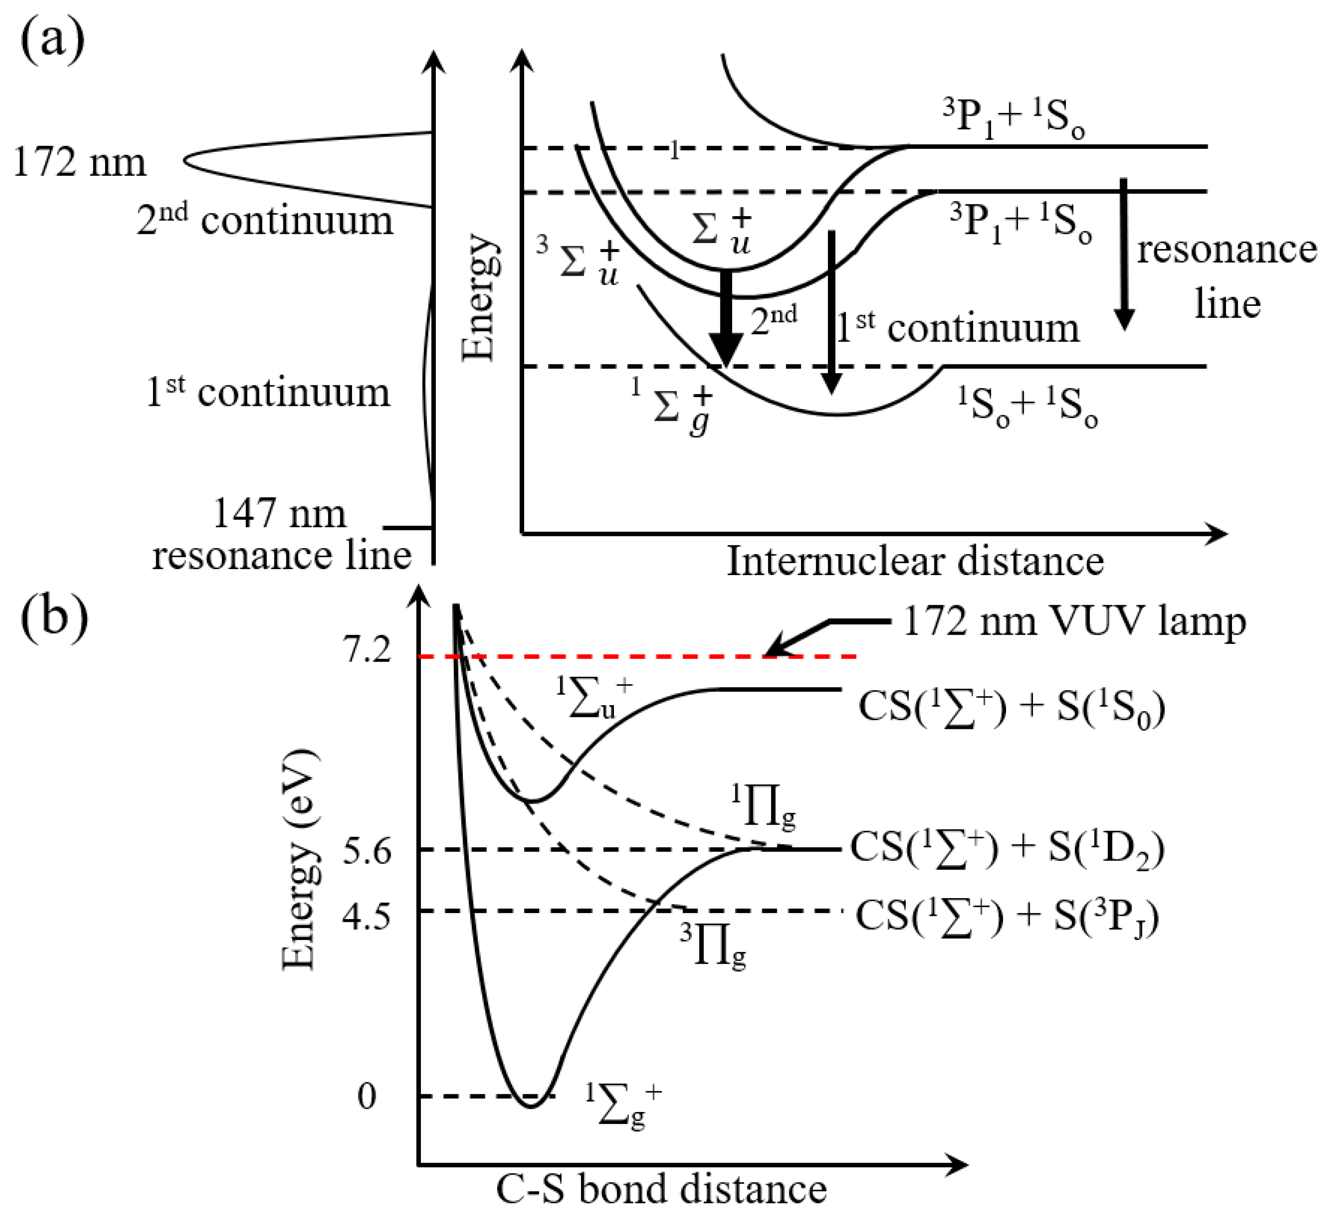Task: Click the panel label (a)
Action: click(53, 39)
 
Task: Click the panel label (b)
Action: click(54, 611)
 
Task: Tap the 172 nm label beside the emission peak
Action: click(80, 162)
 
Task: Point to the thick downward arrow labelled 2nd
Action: click(726, 318)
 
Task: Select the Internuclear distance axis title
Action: click(916, 562)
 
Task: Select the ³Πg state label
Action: click(713, 946)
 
